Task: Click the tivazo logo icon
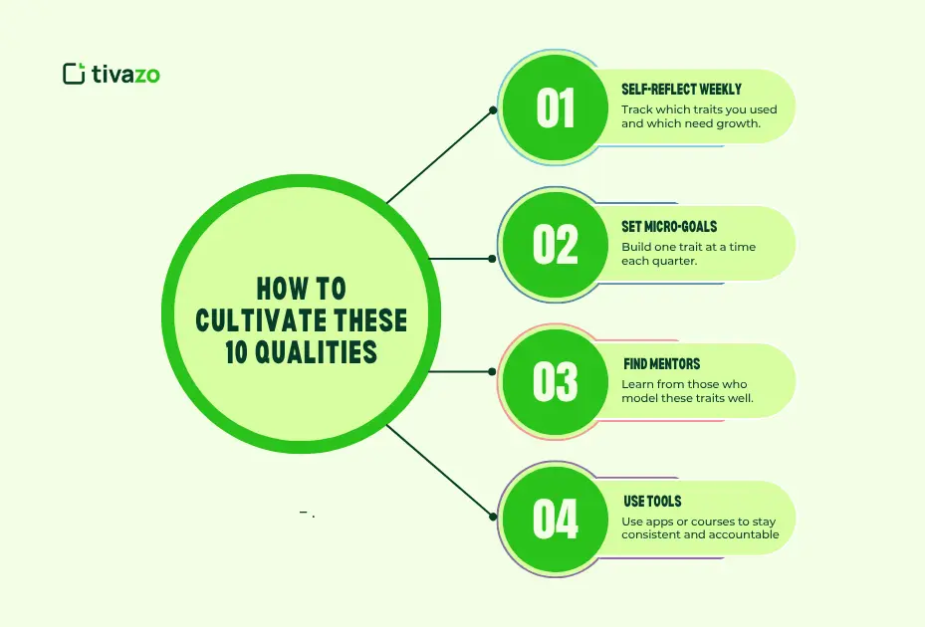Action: coord(73,74)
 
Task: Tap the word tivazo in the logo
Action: coord(125,74)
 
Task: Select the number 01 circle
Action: coord(555,108)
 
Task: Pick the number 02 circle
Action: coord(555,244)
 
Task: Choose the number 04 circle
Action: coord(555,519)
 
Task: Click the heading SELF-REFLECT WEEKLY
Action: coord(681,90)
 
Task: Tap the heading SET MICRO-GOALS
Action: coord(669,227)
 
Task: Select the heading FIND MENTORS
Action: coord(662,364)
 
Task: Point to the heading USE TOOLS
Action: coord(653,502)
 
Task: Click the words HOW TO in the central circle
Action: coord(301,290)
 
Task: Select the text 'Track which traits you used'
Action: coord(699,109)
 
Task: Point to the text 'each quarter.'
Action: coord(658,261)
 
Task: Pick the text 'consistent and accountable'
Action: coord(700,535)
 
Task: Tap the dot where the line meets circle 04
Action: coord(493,516)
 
